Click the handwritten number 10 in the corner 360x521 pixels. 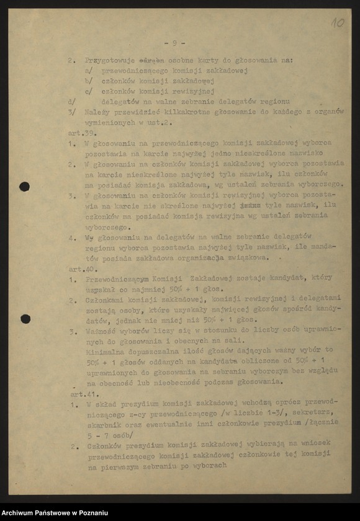coord(337,22)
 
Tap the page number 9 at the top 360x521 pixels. coord(174,43)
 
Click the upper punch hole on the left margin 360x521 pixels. coord(25,186)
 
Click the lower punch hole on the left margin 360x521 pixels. coord(25,319)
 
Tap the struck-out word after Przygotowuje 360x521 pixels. coord(151,61)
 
